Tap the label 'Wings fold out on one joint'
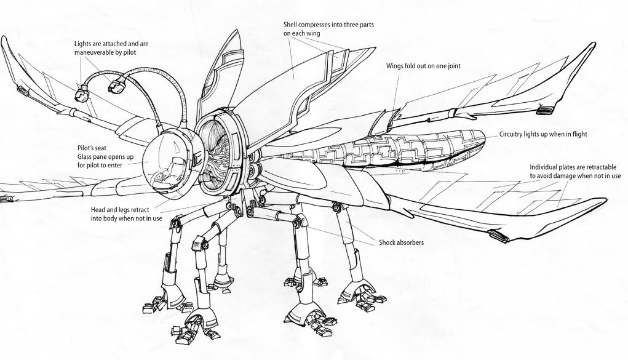(x=423, y=66)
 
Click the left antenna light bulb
(x=80, y=95)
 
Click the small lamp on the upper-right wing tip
(x=546, y=110)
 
